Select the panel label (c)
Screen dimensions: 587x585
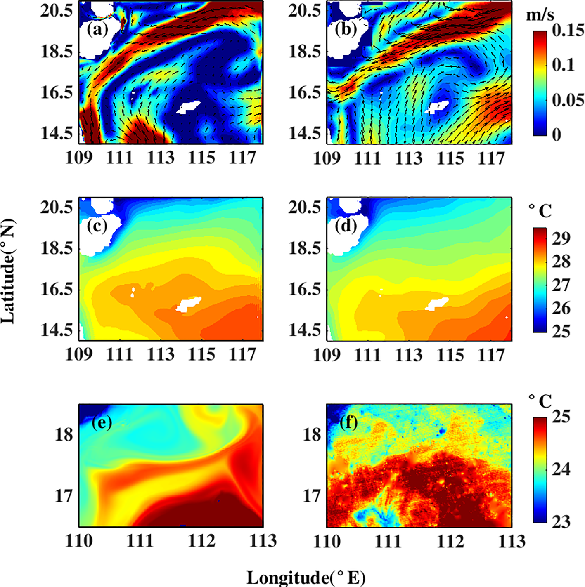pos(97,226)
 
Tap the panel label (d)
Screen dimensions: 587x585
pos(346,226)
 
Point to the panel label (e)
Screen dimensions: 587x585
pos(102,422)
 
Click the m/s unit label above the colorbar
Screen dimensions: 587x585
pos(540,15)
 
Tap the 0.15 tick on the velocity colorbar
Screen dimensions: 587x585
pos(568,31)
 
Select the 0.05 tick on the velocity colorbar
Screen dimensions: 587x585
pos(568,100)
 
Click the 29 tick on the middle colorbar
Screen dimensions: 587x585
pos(561,238)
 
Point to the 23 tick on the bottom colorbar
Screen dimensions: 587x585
pos(561,522)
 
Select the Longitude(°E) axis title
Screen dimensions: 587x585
pos(306,578)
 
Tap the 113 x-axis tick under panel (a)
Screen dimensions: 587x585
pos(161,158)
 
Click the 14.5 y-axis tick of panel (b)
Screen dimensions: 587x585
pos(304,134)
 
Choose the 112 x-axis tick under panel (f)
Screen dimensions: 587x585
pos(450,541)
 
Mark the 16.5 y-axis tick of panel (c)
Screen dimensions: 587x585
pos(56,289)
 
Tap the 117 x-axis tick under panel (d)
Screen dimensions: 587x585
pos(491,355)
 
